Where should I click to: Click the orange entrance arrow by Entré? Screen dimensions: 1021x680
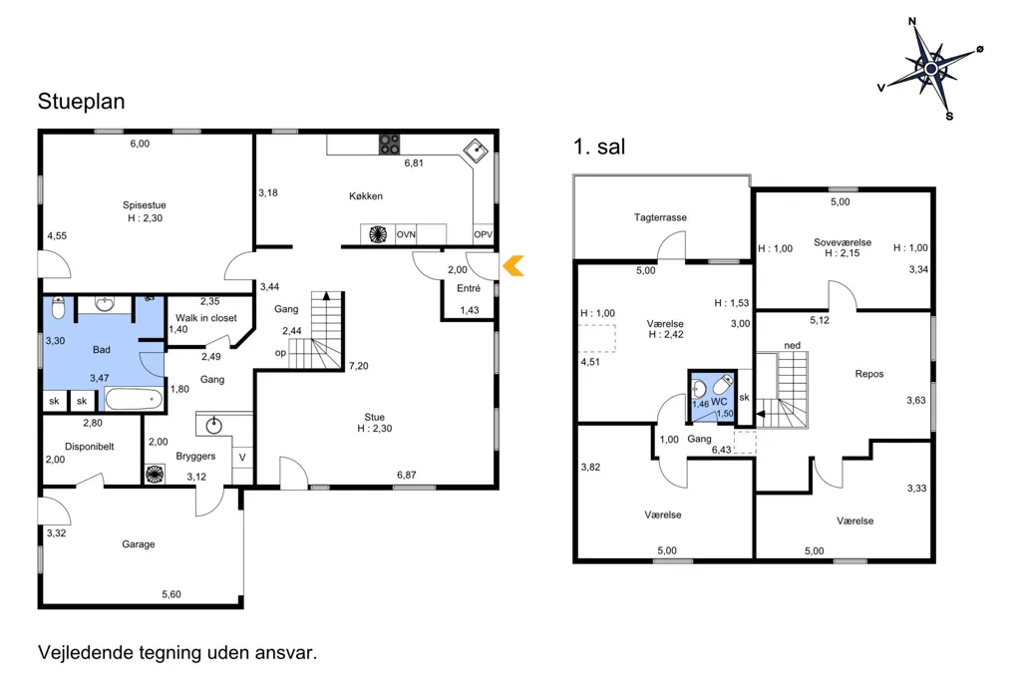click(513, 266)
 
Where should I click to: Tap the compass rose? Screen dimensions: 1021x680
click(932, 69)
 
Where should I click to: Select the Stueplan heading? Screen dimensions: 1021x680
click(82, 102)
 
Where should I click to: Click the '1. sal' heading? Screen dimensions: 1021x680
click(599, 147)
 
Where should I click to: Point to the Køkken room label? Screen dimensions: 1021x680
click(366, 196)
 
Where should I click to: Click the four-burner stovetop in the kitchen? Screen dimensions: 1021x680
click(390, 144)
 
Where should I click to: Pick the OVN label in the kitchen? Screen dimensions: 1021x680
click(407, 234)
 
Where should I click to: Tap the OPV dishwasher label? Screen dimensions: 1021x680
click(484, 234)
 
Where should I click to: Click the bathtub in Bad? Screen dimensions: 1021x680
click(135, 399)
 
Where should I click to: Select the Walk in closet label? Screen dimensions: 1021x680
click(206, 318)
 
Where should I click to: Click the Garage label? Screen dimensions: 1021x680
click(139, 543)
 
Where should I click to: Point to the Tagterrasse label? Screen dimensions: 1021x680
click(660, 217)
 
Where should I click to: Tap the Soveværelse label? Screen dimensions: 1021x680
click(843, 242)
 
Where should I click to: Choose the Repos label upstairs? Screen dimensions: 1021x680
click(869, 374)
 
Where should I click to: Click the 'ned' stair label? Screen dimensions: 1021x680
click(793, 345)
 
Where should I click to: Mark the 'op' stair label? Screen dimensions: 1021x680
click(280, 353)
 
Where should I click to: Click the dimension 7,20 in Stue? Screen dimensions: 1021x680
click(359, 366)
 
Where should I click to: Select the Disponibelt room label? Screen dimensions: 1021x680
click(90, 447)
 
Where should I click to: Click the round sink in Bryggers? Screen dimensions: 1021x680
click(213, 426)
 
